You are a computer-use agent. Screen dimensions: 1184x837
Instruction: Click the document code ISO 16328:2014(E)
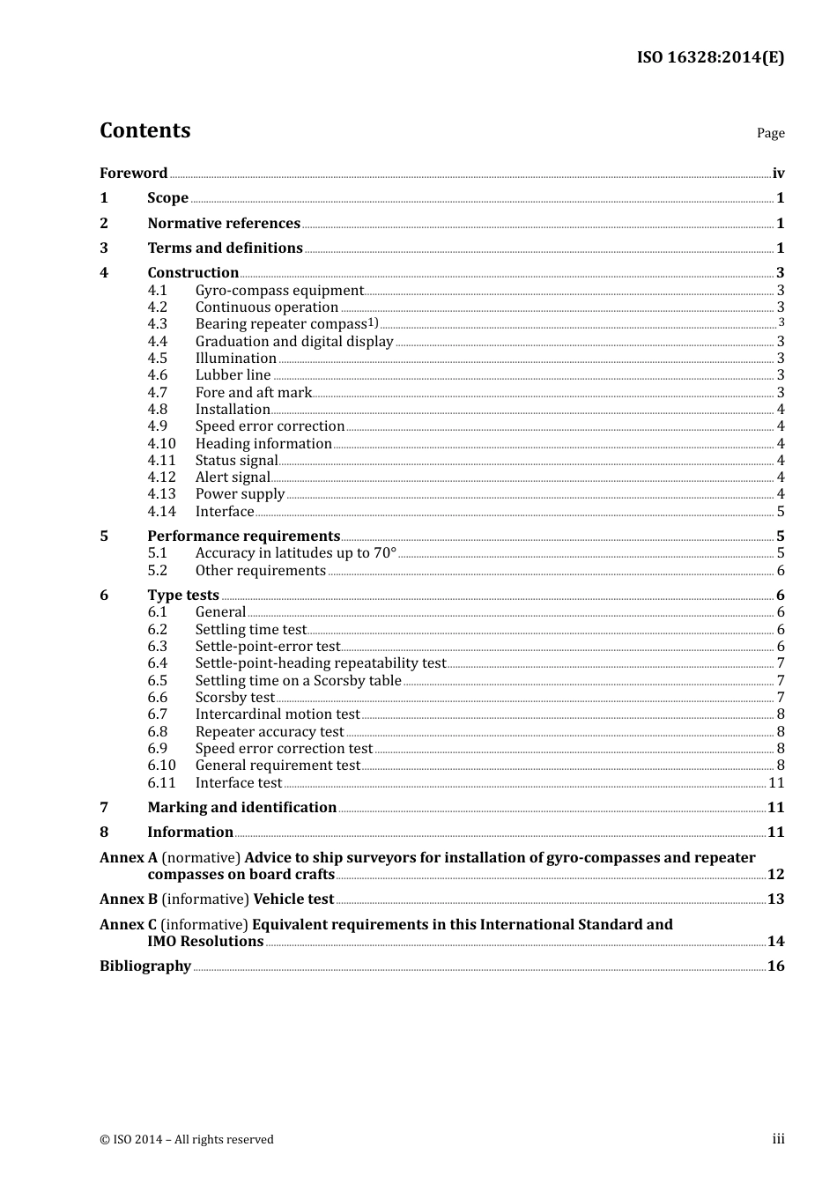click(710, 57)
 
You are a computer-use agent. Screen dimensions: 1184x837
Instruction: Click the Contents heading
click(144, 130)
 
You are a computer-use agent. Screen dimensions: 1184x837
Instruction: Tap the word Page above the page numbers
click(770, 133)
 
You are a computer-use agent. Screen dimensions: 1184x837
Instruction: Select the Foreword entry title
click(133, 174)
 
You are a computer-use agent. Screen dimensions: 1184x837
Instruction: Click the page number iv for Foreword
click(778, 174)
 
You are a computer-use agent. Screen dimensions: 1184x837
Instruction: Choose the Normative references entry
click(224, 224)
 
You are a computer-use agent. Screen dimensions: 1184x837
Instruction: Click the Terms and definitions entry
click(225, 248)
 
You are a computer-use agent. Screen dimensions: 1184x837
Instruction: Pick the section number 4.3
click(157, 324)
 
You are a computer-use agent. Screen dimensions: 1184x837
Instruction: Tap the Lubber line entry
click(233, 375)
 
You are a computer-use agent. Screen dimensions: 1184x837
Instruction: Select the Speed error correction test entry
click(284, 749)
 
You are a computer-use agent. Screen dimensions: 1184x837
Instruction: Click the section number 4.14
click(161, 512)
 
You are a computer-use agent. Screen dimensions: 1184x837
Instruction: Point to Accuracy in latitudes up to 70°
click(296, 553)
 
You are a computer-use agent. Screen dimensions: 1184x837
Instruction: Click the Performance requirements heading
click(243, 536)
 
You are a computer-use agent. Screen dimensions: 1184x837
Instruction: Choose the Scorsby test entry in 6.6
click(234, 698)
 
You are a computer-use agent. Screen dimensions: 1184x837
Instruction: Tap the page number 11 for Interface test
click(776, 783)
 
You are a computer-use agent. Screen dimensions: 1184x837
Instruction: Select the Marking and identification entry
click(241, 808)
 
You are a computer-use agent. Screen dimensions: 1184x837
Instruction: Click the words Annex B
click(129, 899)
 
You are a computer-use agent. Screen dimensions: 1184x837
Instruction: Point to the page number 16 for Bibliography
click(775, 966)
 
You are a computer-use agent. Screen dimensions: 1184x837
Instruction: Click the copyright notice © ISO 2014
click(186, 1139)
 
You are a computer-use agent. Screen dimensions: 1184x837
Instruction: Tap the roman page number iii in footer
click(778, 1139)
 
